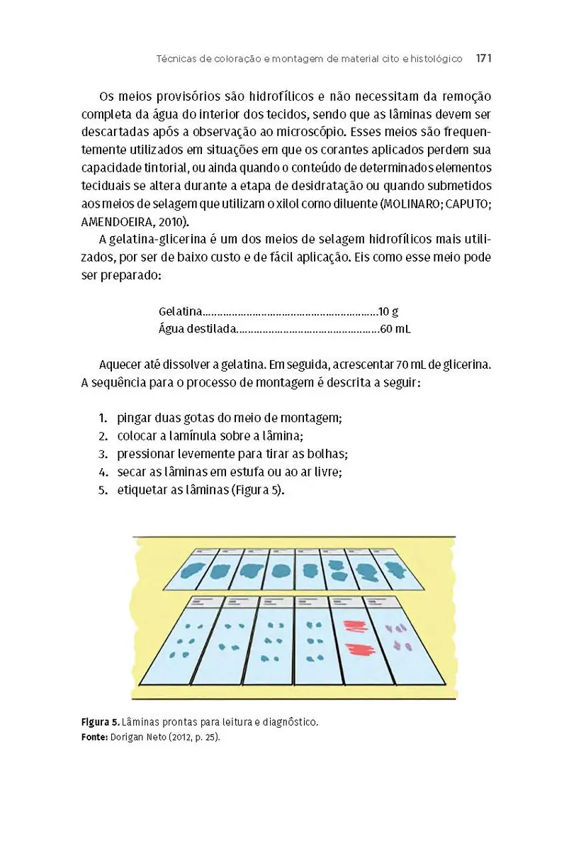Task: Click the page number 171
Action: pos(483,58)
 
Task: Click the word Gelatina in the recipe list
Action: pos(180,311)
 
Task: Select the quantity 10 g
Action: pos(388,311)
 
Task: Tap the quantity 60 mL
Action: pos(395,329)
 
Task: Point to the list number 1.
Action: pos(103,418)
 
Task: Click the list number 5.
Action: pos(103,489)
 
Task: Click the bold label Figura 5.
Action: pos(100,723)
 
